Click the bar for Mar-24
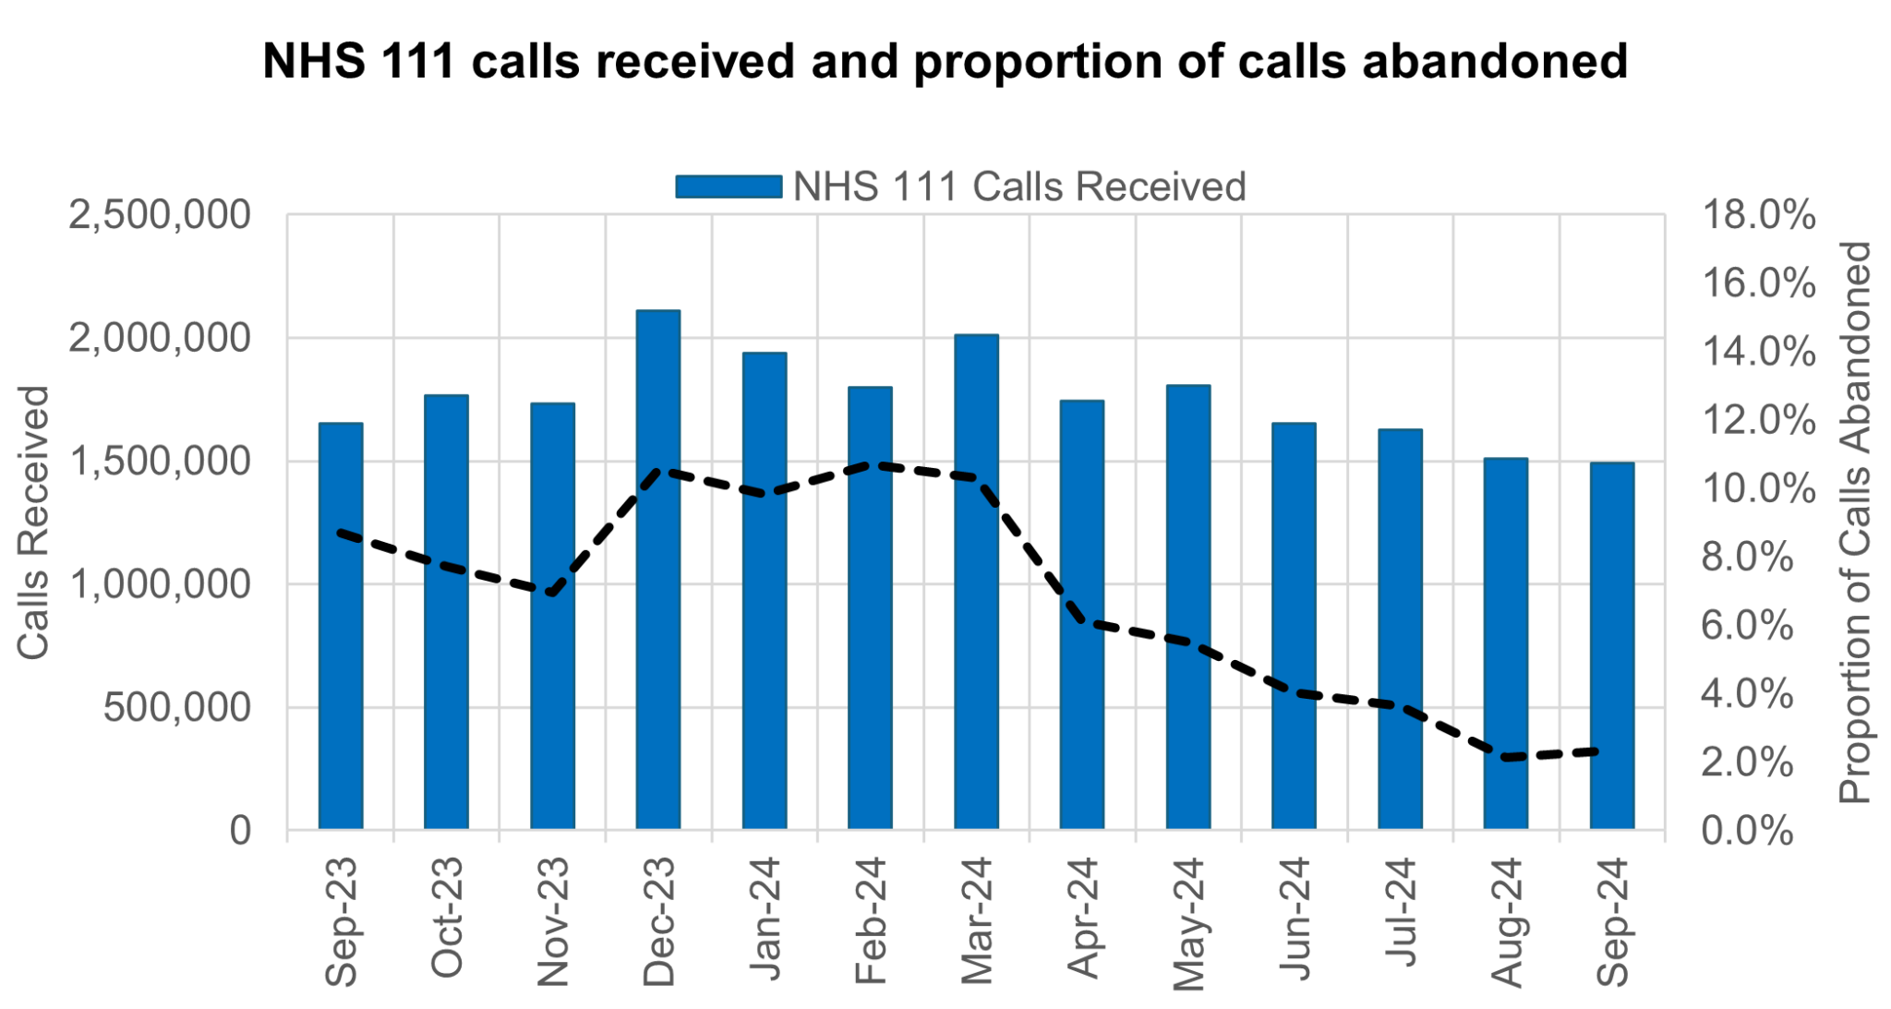point(976,582)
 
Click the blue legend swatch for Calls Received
point(728,186)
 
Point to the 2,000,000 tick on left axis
point(159,339)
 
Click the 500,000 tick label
point(176,708)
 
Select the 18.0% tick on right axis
point(1758,216)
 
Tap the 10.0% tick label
point(1758,489)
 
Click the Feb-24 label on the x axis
point(870,920)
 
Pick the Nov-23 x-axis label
point(552,920)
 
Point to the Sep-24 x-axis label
point(1612,920)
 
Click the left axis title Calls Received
point(33,523)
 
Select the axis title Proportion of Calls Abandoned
point(1854,523)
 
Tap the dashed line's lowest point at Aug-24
point(1505,757)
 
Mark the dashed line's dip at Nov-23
point(552,593)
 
